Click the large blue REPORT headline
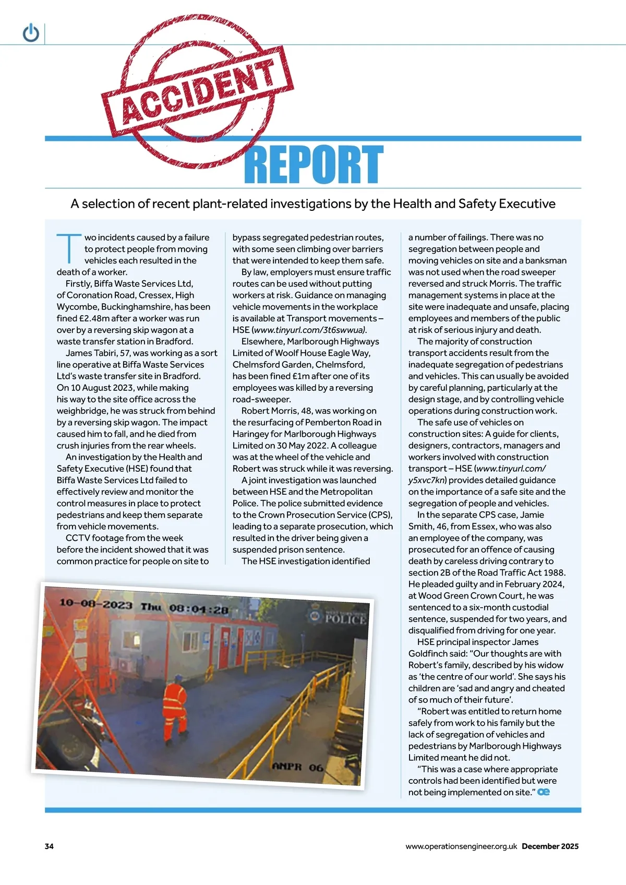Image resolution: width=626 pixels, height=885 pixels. pos(314,164)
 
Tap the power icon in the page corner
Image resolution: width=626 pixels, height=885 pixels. pos(31,33)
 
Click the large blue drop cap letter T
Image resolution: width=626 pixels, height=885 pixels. pos(68,248)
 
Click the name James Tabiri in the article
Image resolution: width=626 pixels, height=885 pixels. pos(91,353)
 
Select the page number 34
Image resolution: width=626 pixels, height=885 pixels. pos(49,846)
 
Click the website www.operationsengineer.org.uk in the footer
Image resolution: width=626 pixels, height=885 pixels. pos(461,846)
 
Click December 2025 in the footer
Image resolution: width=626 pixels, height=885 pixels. pos(550,846)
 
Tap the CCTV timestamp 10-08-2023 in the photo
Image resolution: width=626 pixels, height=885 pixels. pos(96,604)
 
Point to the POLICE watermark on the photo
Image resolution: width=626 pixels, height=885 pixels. pos(344,619)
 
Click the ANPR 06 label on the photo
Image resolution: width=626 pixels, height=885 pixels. pos(298,767)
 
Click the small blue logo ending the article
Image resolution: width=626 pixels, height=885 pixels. pos(544,792)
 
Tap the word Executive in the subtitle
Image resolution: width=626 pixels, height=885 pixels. pos(527,204)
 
